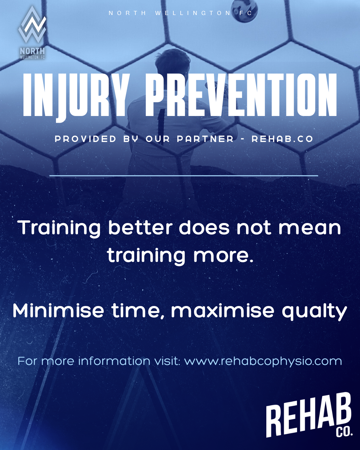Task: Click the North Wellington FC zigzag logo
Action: tap(32, 25)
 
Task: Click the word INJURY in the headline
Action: tap(75, 97)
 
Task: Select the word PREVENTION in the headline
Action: tap(241, 95)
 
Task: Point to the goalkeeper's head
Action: tap(173, 63)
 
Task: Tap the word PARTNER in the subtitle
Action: tap(205, 139)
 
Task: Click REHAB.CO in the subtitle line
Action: tap(282, 139)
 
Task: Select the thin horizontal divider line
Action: tap(184, 176)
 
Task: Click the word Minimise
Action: tap(58, 311)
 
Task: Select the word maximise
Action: tap(223, 311)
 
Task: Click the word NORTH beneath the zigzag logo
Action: tap(32, 51)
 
